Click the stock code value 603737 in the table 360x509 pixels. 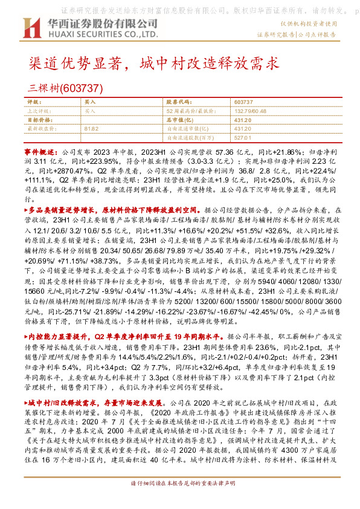pos(243,103)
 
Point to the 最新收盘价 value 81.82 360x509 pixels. pos(91,129)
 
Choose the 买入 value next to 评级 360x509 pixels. pos(90,103)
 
